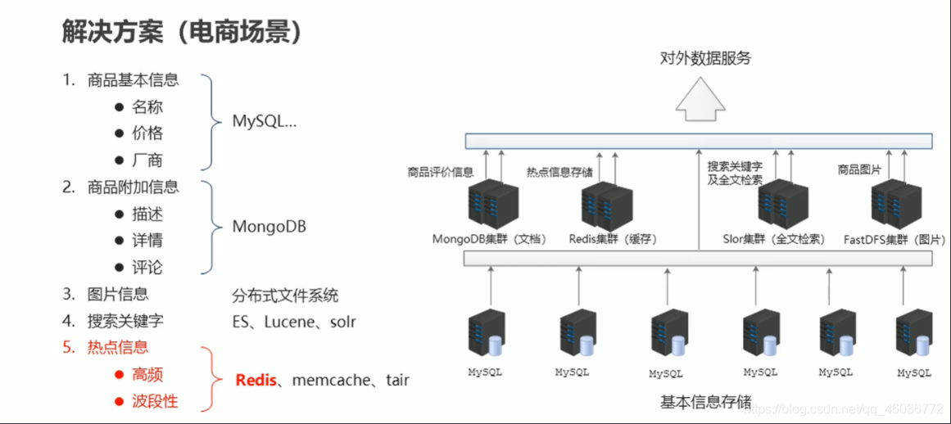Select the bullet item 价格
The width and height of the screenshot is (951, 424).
pos(147,133)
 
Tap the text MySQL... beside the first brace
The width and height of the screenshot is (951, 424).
pos(264,121)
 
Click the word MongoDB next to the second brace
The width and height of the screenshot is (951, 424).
pos(269,226)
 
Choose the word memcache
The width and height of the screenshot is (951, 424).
pos(333,380)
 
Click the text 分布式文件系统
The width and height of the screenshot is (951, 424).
pos(285,295)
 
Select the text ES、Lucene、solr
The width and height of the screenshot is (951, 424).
pos(294,322)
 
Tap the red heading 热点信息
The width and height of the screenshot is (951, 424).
pos(118,347)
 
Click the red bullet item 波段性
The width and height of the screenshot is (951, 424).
pos(155,402)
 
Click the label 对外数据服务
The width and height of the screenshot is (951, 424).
pos(705,59)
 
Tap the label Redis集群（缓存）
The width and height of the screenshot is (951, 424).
pos(613,240)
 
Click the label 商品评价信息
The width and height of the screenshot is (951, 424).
pos(441,172)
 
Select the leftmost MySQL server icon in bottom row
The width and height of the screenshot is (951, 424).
pos(487,336)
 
